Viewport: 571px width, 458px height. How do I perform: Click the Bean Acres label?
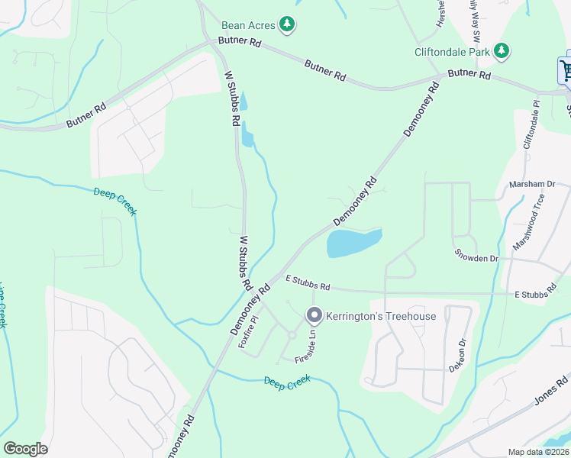pos(248,25)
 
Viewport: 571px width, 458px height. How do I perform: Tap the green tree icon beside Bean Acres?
pos(287,25)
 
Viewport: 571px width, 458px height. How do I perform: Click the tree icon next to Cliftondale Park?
pos(502,51)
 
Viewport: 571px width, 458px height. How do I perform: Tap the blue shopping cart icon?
pos(566,70)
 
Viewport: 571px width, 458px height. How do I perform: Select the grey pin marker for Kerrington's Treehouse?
pos(314,314)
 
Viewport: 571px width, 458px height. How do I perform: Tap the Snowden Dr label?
pos(476,259)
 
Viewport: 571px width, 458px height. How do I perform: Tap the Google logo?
pos(25,449)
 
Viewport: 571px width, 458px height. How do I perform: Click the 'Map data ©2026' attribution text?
pos(539,452)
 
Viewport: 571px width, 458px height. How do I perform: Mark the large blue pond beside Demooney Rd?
pos(353,243)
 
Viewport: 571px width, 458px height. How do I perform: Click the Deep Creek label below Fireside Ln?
pos(287,382)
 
